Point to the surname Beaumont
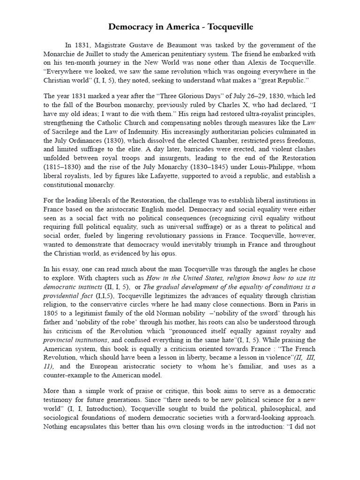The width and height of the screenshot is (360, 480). (x=202, y=45)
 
